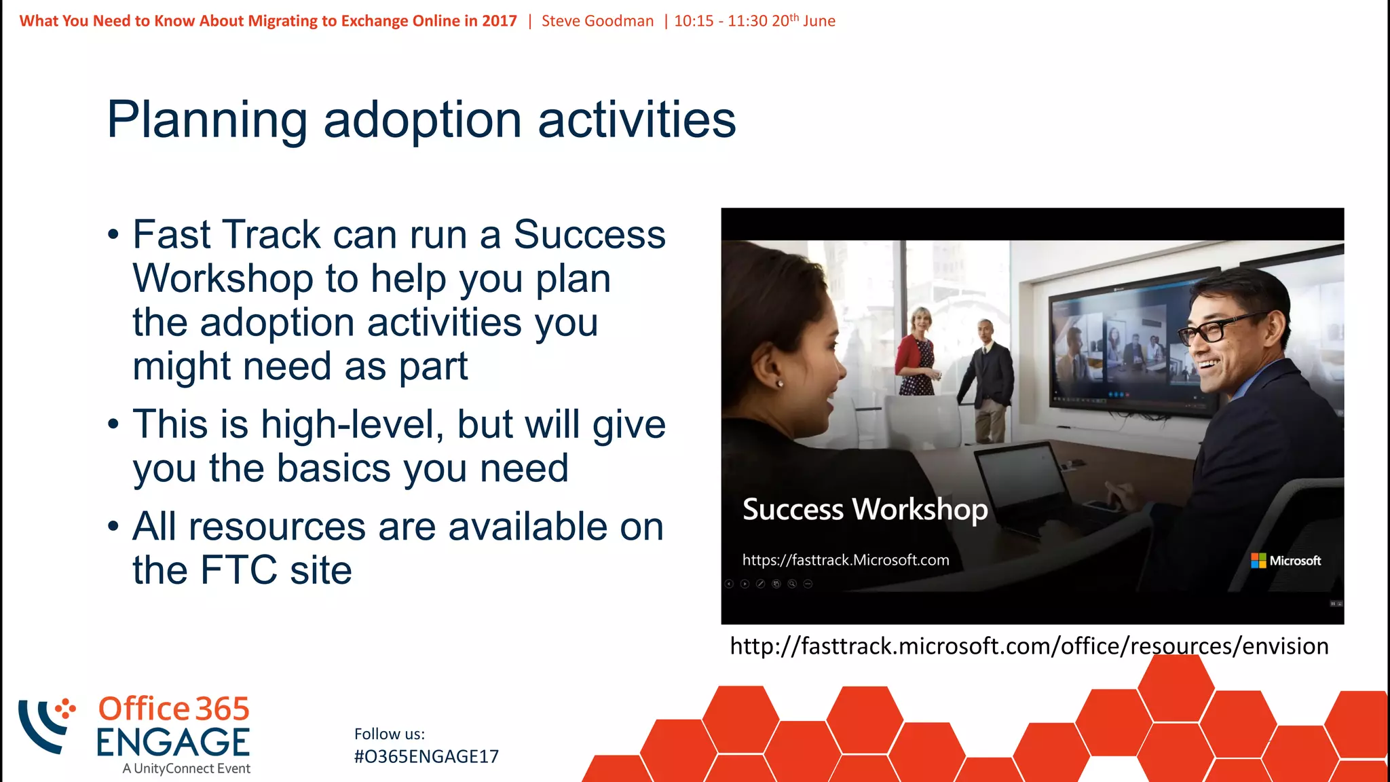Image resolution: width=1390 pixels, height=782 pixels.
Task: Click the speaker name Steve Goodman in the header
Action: pyautogui.click(x=597, y=21)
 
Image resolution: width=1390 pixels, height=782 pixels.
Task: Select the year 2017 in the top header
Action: pyautogui.click(x=500, y=21)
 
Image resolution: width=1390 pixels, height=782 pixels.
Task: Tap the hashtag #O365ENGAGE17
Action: pyautogui.click(x=426, y=756)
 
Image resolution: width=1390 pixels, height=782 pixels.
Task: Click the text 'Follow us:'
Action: pyautogui.click(x=389, y=734)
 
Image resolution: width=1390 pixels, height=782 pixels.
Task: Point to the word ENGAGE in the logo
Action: pyautogui.click(x=172, y=742)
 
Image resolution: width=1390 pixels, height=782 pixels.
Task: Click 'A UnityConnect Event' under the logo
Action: pyautogui.click(x=186, y=768)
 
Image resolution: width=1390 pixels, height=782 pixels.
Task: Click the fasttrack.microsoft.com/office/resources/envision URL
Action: pyautogui.click(x=1028, y=646)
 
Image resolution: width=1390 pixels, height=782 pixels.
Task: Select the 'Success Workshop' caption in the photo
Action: pyautogui.click(x=865, y=509)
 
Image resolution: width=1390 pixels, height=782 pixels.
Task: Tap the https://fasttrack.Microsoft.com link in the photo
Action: pyautogui.click(x=845, y=560)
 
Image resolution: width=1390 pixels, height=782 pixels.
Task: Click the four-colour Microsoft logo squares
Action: pyautogui.click(x=1258, y=561)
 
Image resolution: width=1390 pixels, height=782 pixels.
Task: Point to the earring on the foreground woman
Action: pyautogui.click(x=780, y=384)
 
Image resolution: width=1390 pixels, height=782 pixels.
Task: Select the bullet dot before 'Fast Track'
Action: pyautogui.click(x=113, y=236)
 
